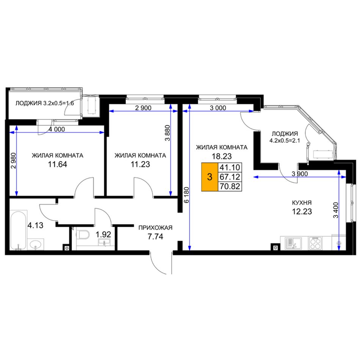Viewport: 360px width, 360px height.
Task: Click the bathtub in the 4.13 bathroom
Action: click(x=19, y=230)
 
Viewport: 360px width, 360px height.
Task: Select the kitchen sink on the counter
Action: click(x=291, y=243)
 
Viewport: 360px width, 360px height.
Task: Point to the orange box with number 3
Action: click(x=210, y=177)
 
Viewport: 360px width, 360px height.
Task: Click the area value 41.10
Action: click(x=230, y=167)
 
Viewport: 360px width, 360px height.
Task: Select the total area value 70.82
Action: click(x=230, y=186)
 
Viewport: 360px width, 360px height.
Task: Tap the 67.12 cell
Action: click(x=230, y=177)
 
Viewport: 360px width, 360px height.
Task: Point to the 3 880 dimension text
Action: click(x=167, y=133)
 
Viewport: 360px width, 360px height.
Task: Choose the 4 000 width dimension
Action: click(x=57, y=130)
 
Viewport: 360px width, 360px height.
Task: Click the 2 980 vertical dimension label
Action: click(x=14, y=161)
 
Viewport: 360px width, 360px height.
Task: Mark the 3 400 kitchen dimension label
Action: click(x=335, y=210)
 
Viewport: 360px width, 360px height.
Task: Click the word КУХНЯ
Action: click(x=302, y=203)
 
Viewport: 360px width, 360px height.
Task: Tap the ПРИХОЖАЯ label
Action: click(x=155, y=228)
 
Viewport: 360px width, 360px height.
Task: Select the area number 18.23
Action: click(x=222, y=157)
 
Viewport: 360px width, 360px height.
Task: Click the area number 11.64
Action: click(x=57, y=164)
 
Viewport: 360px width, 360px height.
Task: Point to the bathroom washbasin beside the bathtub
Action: click(x=36, y=244)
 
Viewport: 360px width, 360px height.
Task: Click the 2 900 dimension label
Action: click(x=143, y=108)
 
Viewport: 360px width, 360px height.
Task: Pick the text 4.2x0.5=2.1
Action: click(x=285, y=141)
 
